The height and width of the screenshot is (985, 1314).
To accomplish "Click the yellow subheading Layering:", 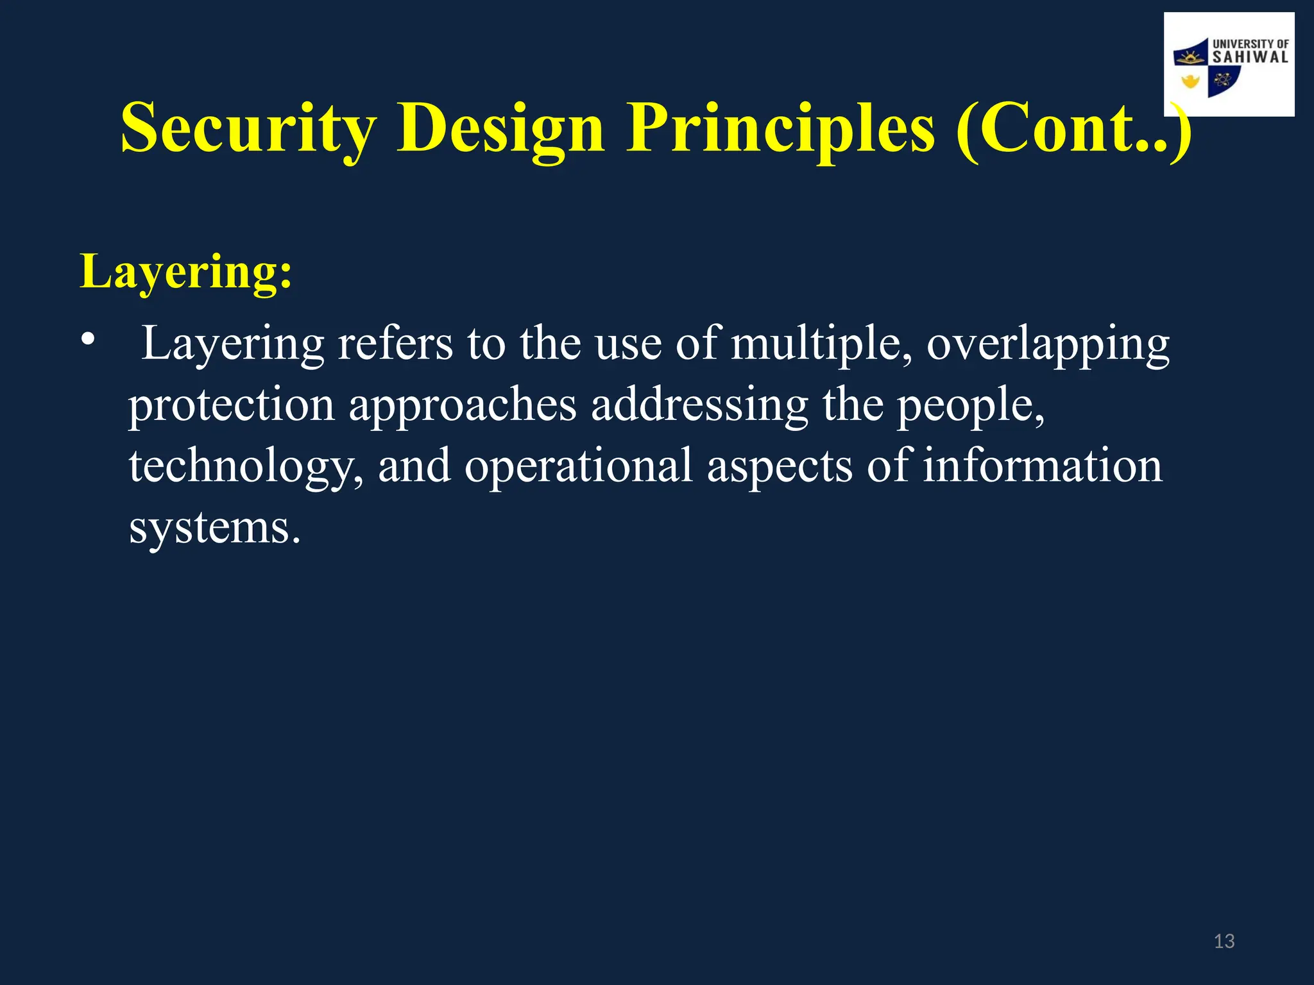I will (186, 272).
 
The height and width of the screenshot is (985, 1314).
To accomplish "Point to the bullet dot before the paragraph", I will (88, 338).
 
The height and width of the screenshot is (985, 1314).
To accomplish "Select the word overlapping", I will (1048, 344).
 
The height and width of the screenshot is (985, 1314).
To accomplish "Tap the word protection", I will (232, 405).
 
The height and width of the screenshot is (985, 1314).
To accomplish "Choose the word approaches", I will (463, 405).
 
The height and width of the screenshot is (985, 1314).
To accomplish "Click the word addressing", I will (699, 405).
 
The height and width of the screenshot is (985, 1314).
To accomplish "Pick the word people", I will (970, 405).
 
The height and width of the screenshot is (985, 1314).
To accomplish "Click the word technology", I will (246, 466).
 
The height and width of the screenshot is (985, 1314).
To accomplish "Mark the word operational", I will (578, 466).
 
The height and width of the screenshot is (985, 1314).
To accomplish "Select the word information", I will (1042, 466).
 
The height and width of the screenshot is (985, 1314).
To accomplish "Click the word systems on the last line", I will (214, 528).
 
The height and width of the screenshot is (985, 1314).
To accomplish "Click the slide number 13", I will (1224, 941).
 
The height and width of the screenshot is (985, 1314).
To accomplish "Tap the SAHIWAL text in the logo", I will (1250, 58).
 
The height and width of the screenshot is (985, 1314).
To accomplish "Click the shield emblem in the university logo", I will (1206, 69).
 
